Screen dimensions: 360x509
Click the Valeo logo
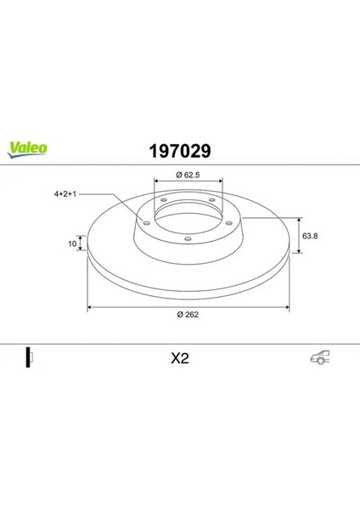[x=27, y=150]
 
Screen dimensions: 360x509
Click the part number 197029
[x=180, y=151]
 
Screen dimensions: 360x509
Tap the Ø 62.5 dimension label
[x=188, y=175]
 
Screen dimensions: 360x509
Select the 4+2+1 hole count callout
[x=65, y=194]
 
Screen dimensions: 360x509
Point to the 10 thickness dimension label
[x=72, y=243]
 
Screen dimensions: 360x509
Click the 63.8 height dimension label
[x=310, y=236]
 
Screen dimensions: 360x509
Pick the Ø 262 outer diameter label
[x=188, y=314]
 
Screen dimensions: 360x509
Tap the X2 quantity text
[x=180, y=358]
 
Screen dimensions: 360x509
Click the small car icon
[x=320, y=357]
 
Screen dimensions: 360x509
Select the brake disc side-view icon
[x=30, y=357]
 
